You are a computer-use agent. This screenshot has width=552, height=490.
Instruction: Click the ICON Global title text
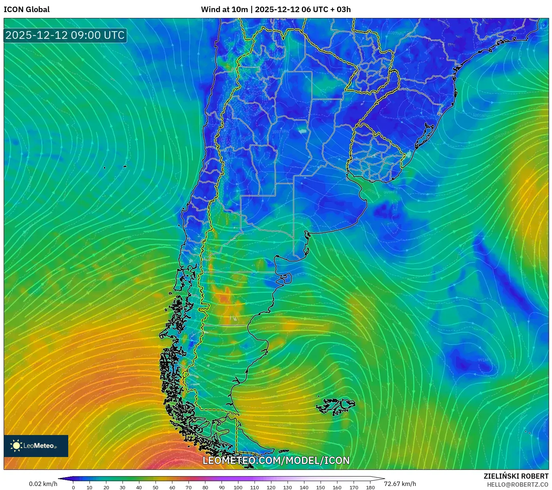(x=26, y=10)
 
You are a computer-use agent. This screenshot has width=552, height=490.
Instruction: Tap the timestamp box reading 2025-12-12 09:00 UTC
(x=65, y=35)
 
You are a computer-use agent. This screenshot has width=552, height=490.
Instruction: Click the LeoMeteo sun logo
(x=17, y=446)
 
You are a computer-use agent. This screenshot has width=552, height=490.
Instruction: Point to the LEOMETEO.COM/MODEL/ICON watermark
(x=276, y=461)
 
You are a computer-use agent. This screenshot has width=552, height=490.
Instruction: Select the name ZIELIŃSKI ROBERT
(x=516, y=476)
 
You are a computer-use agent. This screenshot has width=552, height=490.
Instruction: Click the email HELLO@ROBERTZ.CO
(x=518, y=485)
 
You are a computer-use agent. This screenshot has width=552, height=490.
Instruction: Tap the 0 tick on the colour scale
(x=73, y=487)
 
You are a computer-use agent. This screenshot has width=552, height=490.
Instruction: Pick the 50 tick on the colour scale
(x=156, y=487)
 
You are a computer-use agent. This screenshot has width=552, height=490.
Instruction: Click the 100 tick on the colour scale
(x=238, y=487)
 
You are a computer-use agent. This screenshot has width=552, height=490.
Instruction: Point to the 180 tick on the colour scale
(x=370, y=487)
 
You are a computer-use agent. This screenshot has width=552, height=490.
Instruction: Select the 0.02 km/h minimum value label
(x=43, y=484)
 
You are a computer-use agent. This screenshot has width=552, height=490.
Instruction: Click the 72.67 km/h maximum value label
(x=400, y=484)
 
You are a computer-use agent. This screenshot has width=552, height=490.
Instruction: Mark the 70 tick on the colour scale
(x=189, y=487)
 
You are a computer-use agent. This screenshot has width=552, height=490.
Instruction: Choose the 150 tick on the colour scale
(x=321, y=487)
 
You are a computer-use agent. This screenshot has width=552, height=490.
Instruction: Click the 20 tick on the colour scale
(x=106, y=487)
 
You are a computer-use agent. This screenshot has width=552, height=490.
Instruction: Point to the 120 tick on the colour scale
(x=271, y=487)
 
